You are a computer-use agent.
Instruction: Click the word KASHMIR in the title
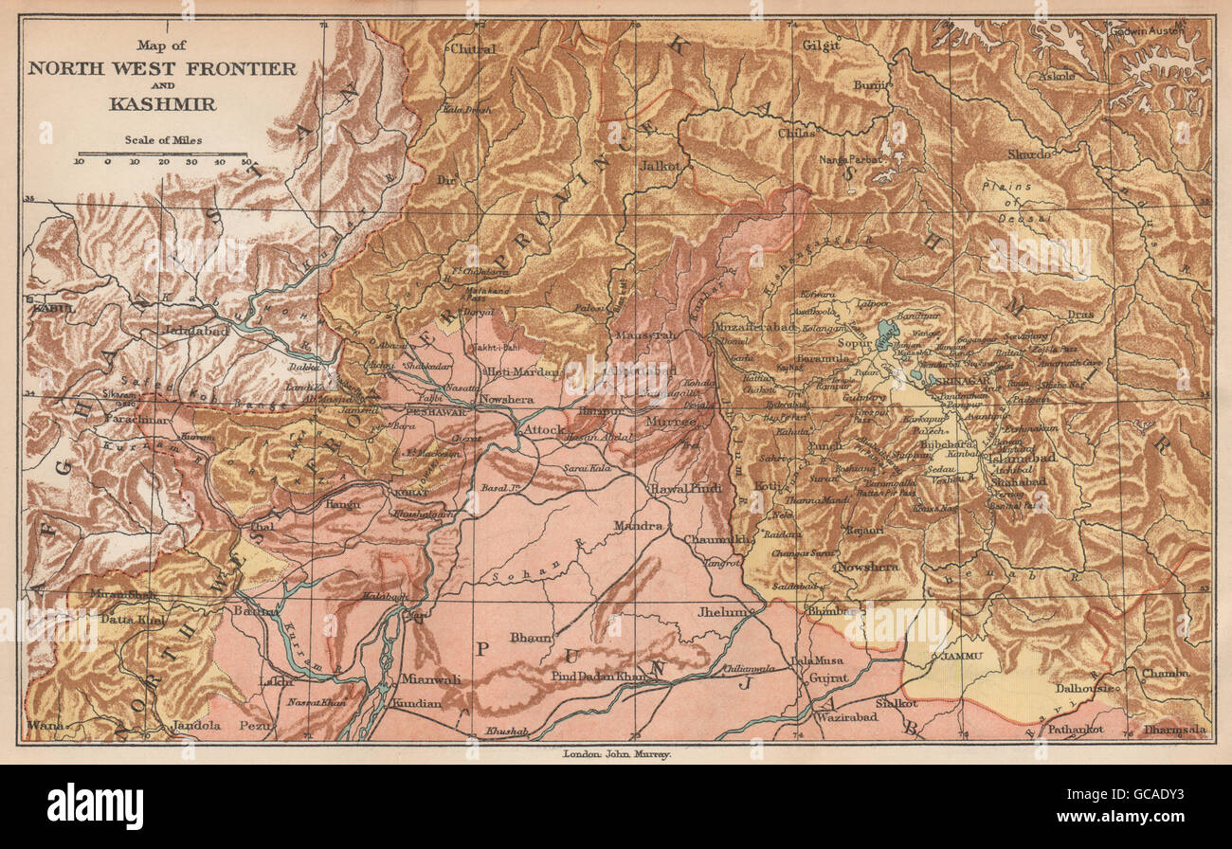coord(161,104)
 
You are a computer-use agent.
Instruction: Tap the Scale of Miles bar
coord(162,154)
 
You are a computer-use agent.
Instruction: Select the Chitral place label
coord(473,48)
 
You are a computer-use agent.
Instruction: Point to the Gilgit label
coord(821,45)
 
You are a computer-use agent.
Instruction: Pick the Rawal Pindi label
coord(685,489)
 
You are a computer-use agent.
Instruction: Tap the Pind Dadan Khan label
coord(600,677)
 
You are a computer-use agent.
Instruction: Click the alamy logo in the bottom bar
coord(95,806)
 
